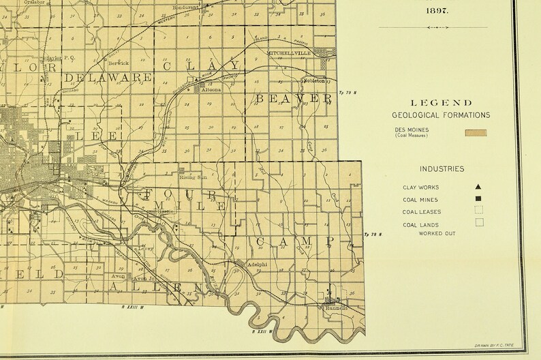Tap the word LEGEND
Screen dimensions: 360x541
(x=440, y=102)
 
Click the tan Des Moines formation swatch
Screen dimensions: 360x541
(x=476, y=133)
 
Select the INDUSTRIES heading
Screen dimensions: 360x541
(x=442, y=168)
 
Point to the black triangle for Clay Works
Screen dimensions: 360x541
(x=478, y=187)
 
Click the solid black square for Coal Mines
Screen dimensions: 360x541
(x=478, y=199)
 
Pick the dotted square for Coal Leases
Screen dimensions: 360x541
(x=479, y=211)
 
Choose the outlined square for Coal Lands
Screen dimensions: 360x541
(x=479, y=222)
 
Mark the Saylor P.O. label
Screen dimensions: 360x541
(x=59, y=58)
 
